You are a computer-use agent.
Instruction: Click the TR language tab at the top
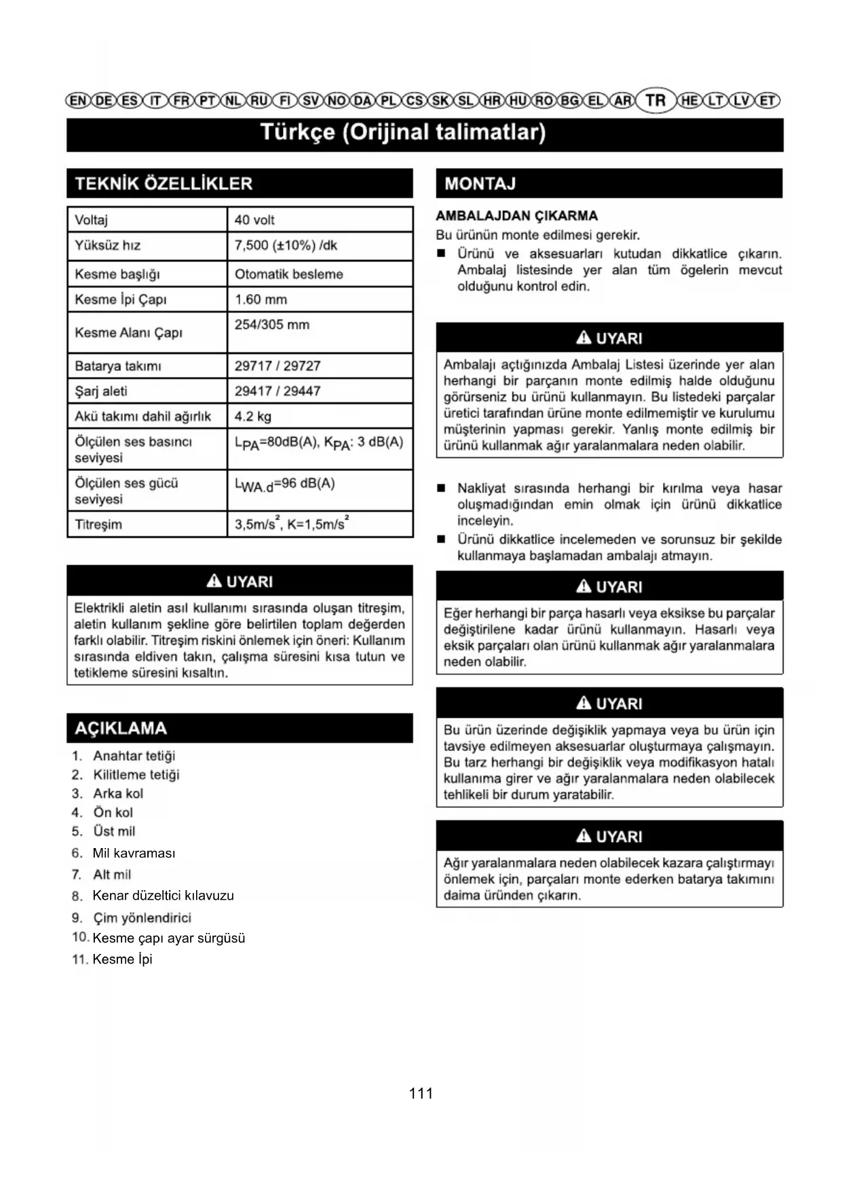(x=655, y=100)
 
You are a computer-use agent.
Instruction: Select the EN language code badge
(x=78, y=101)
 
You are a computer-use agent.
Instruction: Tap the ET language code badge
(x=767, y=101)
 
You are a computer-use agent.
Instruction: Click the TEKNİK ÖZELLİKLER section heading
(x=164, y=183)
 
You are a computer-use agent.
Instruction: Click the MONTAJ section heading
(x=480, y=183)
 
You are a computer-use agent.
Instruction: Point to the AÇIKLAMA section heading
(x=121, y=728)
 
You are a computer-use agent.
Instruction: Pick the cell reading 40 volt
(x=254, y=220)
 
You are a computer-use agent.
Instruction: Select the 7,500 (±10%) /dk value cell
(x=286, y=246)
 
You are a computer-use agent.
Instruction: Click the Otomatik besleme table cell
(x=289, y=274)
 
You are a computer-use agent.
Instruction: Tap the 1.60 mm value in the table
(x=261, y=299)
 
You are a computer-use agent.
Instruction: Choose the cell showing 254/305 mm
(x=272, y=325)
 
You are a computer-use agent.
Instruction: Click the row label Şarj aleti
(x=101, y=391)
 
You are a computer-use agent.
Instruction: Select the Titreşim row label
(x=98, y=524)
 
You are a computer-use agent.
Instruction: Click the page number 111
(x=421, y=1093)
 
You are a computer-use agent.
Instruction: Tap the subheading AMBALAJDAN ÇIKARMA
(x=517, y=216)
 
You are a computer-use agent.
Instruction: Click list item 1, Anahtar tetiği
(x=134, y=756)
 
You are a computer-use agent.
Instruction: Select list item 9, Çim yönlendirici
(x=142, y=918)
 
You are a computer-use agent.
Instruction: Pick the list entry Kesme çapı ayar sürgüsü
(x=168, y=938)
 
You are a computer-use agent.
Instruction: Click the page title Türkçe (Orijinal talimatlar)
(x=404, y=132)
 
